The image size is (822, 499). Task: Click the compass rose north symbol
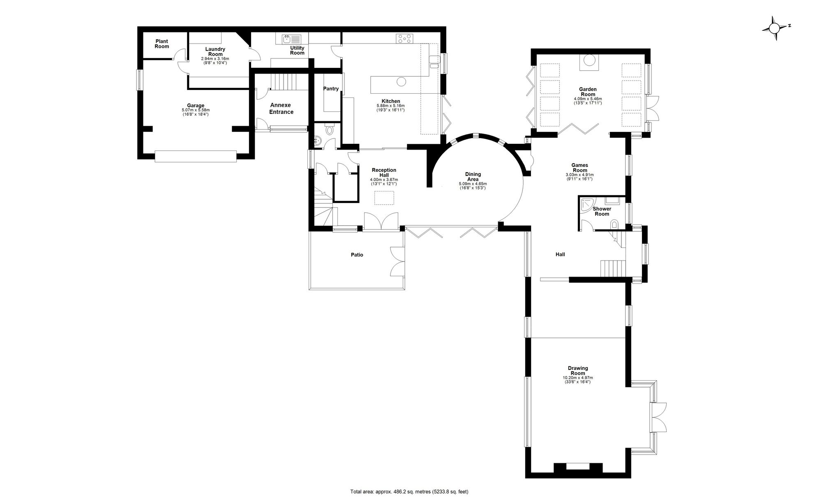point(774,28)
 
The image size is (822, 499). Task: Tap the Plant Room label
point(162,44)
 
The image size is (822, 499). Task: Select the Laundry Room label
point(215,51)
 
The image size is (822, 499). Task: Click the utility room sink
point(291,39)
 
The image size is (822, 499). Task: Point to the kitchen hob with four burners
point(404,39)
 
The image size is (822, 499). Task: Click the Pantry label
point(331,89)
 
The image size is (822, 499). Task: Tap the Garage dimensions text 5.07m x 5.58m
point(196,110)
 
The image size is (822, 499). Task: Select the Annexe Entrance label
point(282,109)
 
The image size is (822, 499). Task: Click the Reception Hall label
point(384,173)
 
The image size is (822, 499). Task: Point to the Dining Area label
point(473,177)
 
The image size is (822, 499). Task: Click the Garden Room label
point(588,92)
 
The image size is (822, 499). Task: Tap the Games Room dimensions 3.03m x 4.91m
point(580,175)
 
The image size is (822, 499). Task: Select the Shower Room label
point(602,211)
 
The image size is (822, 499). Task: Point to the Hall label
point(560,254)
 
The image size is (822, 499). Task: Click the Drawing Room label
point(578,371)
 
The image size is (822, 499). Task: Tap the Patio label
point(357,255)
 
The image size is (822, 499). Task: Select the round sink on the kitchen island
point(401,82)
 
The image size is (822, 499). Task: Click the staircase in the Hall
point(613,268)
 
